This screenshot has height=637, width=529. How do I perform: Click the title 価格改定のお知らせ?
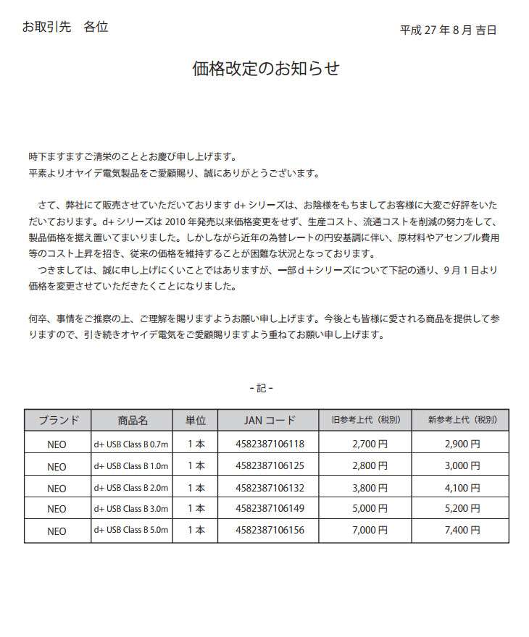(265, 69)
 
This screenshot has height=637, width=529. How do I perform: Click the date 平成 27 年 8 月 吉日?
(448, 30)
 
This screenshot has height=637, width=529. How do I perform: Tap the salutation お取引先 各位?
(65, 28)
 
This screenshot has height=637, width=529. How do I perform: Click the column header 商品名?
(133, 421)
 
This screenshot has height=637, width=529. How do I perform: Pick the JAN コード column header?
(270, 421)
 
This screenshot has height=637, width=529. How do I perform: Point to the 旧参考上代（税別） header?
(365, 421)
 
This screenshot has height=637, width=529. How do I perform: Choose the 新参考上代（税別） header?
(461, 421)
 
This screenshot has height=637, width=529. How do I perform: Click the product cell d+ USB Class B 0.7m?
(131, 444)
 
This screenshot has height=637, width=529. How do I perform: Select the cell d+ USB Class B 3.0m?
(131, 509)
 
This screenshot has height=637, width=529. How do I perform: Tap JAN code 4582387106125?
(270, 465)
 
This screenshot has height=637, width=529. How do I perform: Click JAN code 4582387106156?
(270, 531)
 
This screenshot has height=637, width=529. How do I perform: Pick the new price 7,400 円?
(462, 531)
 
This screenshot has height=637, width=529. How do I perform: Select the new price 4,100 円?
(462, 487)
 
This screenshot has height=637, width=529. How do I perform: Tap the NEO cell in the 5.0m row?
(57, 531)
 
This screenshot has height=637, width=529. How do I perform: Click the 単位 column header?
(196, 421)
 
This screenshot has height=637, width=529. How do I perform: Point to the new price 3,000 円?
(462, 465)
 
